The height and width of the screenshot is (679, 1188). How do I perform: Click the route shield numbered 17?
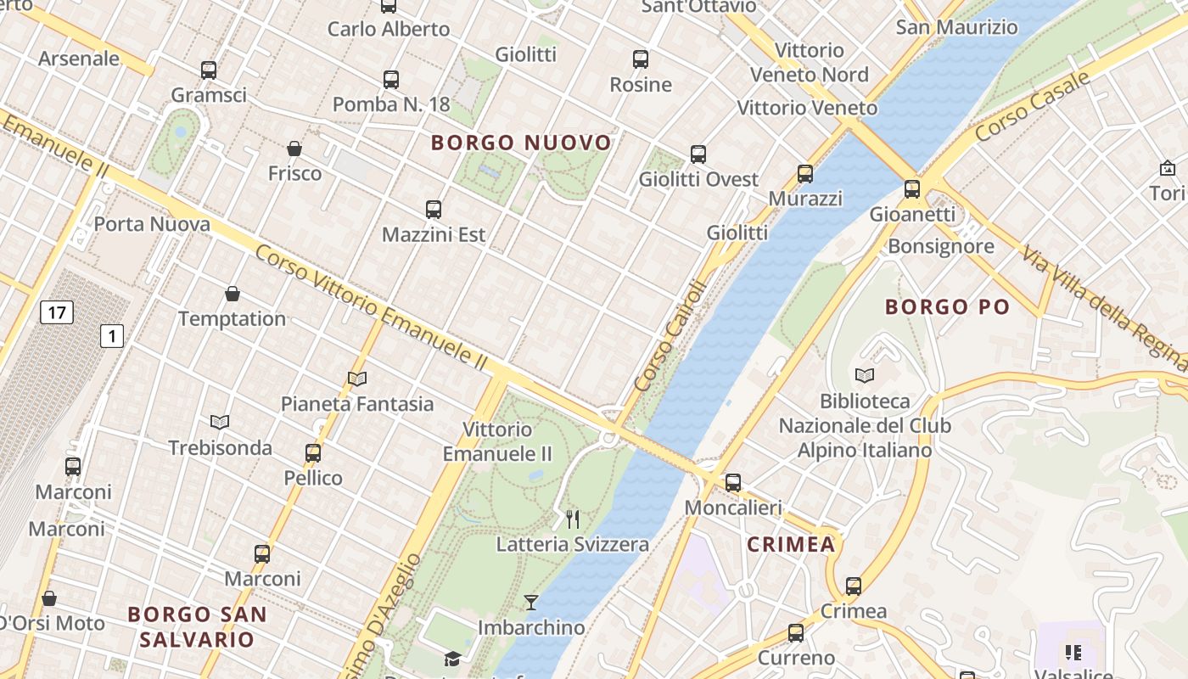pos(56,312)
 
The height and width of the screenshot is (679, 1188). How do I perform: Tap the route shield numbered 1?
pos(111,336)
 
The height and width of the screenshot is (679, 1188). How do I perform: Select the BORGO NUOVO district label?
pos(521,143)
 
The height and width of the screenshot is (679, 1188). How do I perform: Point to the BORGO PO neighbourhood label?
pos(947,307)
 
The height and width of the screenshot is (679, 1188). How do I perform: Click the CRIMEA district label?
pos(791,545)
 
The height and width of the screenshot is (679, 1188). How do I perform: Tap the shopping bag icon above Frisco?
pos(294,149)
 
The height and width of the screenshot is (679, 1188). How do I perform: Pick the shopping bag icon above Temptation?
pos(233,295)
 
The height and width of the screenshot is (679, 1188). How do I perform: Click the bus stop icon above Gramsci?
pos(209,70)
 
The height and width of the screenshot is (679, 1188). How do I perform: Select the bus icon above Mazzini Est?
pos(434,210)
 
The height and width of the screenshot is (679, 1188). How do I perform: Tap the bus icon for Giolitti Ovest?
pos(698,154)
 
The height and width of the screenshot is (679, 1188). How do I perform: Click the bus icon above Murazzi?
pos(805,174)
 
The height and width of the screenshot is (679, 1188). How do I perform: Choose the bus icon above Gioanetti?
pos(912,189)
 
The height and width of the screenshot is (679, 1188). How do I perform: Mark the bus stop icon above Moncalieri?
pos(733,483)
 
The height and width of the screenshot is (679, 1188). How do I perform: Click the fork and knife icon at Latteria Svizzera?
pos(573,519)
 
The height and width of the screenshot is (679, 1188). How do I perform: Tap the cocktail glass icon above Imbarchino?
pos(531,603)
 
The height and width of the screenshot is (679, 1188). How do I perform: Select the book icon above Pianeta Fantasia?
pos(357,379)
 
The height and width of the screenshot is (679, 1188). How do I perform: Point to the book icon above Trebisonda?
pos(220,422)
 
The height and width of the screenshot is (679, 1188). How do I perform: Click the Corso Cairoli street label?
pos(670,336)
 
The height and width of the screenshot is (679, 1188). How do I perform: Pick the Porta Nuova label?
pos(152,225)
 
